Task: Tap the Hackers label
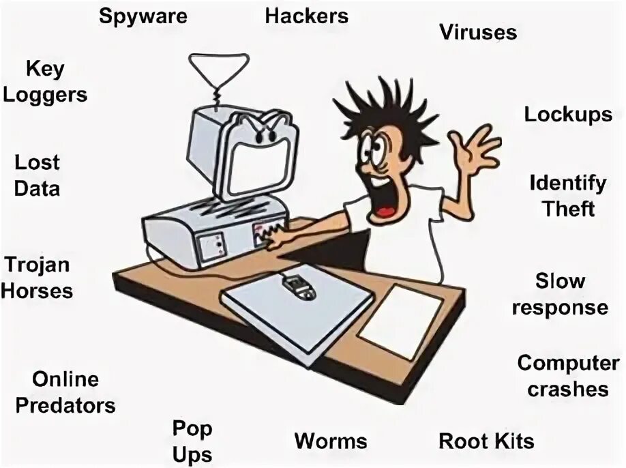[307, 16]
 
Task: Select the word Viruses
[478, 32]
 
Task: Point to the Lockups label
[568, 114]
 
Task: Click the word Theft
[569, 208]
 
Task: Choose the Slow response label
[560, 294]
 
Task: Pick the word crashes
[567, 389]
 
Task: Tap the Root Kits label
[486, 441]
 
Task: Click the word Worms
[331, 441]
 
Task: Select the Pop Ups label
[192, 441]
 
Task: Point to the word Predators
[65, 406]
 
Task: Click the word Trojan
[38, 264]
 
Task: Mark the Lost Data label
[38, 175]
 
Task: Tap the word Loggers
[45, 94]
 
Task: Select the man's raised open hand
[477, 150]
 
